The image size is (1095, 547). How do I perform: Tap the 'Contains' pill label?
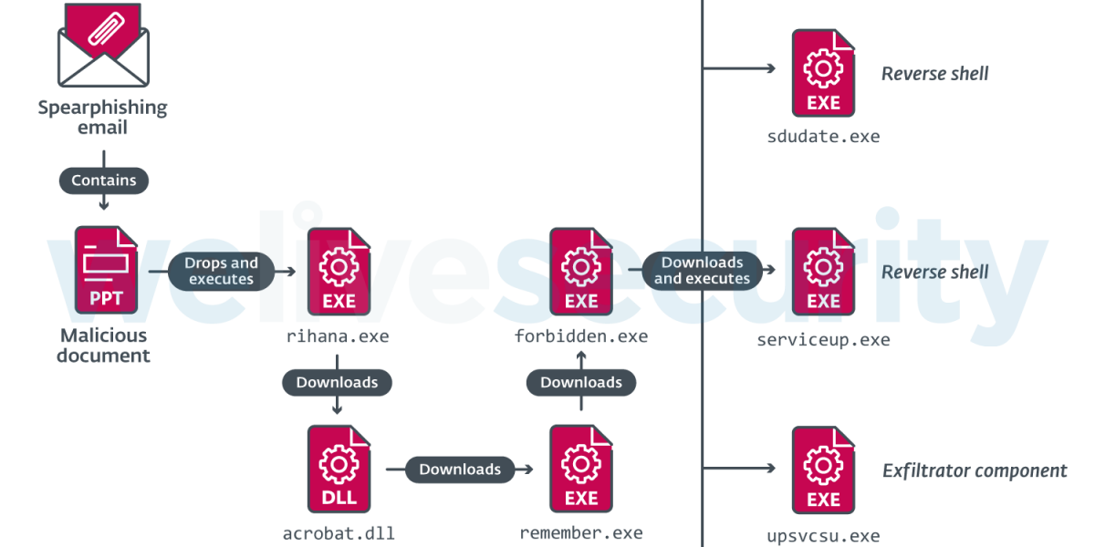[x=103, y=181]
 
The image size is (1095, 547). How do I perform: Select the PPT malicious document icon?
[x=106, y=271]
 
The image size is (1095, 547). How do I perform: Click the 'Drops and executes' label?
[x=221, y=271]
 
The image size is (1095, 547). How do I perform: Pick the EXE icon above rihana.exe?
[x=339, y=271]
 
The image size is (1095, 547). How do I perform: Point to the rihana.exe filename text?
[x=339, y=336]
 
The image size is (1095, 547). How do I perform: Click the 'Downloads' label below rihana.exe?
[x=337, y=382]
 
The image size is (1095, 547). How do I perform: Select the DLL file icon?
[x=339, y=469]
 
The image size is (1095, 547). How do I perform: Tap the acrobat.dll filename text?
[x=339, y=533]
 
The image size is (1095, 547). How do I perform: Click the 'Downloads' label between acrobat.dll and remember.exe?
[x=460, y=470]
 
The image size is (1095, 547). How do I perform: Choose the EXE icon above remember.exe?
[x=581, y=469]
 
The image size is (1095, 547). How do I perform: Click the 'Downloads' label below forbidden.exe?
[x=581, y=382]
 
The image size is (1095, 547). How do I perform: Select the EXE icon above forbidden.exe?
[x=581, y=271]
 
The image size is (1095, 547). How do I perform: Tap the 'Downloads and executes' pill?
[x=702, y=271]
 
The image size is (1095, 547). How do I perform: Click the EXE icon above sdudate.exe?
[x=823, y=73]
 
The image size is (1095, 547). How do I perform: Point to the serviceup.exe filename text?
[x=823, y=340]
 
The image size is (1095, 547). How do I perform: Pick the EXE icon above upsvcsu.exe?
[x=823, y=470]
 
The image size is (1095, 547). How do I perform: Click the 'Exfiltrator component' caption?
[x=975, y=470]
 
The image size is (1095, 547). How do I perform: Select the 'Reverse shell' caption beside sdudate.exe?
[x=934, y=74]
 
